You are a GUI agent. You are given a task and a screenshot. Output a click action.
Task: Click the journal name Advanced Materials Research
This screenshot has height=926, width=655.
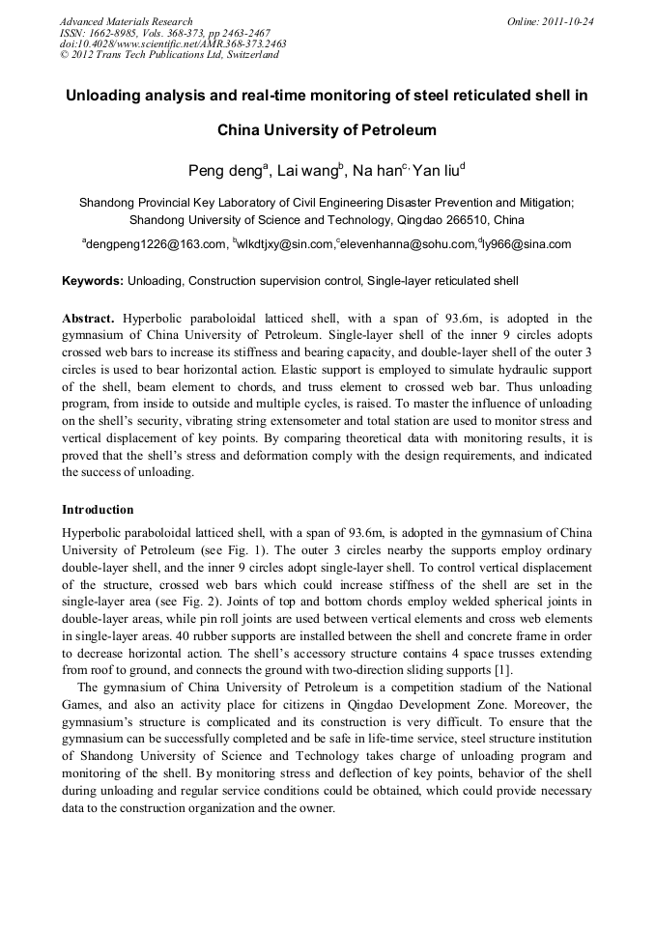point(126,20)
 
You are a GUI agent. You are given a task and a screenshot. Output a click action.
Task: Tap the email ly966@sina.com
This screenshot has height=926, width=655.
point(527,245)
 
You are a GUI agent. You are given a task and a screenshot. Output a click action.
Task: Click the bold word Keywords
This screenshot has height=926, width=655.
point(92,282)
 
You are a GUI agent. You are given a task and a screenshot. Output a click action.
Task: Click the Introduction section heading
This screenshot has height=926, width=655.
point(98,509)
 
